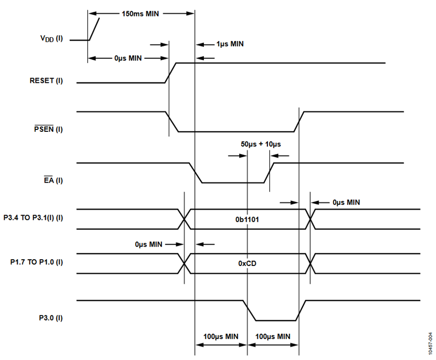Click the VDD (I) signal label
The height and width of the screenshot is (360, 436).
coord(51,39)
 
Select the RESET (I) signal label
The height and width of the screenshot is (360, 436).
coord(46,81)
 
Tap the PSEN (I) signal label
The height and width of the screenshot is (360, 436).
coord(48,129)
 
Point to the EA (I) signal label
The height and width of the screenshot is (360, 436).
coord(53,180)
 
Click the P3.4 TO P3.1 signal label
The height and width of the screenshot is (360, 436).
coord(33,218)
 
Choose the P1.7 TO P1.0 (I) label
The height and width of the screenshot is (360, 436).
coord(36,262)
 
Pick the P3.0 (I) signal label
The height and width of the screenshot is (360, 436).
coord(51,318)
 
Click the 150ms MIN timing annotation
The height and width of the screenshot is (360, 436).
coord(140,14)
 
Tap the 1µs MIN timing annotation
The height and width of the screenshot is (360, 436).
coord(230,44)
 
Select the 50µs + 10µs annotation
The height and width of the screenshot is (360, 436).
coord(261,144)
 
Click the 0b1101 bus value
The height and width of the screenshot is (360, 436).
coord(247,219)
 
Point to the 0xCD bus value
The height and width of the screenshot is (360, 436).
coord(247,264)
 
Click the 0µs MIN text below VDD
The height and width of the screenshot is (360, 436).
coord(128,58)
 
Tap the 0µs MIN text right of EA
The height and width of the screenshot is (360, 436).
coord(346,202)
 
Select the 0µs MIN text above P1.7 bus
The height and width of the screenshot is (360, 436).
coord(149,244)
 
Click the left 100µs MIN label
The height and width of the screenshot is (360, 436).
coord(221,337)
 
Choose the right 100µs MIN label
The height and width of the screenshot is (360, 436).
coord(273,337)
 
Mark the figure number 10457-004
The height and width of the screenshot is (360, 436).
coord(431,344)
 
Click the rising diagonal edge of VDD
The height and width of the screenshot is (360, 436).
coord(94,29)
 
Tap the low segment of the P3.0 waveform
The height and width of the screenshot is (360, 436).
coord(276,320)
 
